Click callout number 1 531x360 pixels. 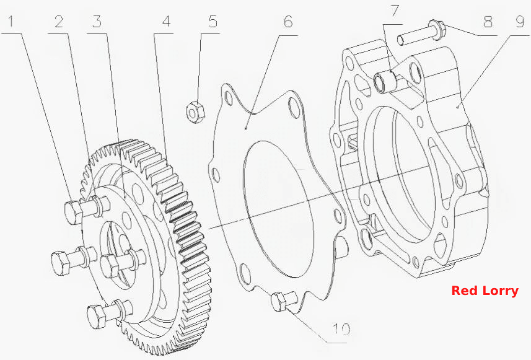(x=11, y=22)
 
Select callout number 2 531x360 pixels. (x=59, y=22)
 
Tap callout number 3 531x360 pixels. (x=97, y=22)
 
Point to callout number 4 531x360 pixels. (x=166, y=22)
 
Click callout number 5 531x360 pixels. (x=213, y=22)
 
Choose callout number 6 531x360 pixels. (x=287, y=22)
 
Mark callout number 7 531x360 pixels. (x=395, y=11)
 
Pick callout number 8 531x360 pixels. (x=488, y=22)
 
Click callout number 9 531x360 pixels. (x=520, y=22)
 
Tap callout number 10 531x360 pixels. (x=341, y=329)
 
